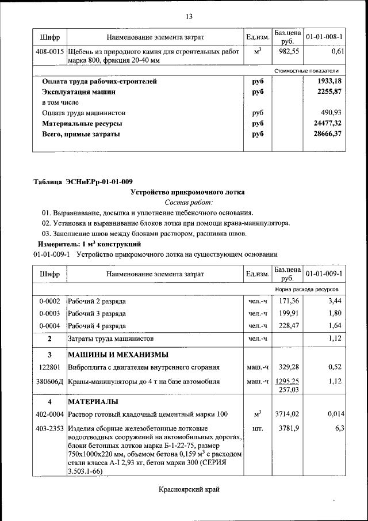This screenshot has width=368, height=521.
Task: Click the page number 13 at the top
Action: coord(189,16)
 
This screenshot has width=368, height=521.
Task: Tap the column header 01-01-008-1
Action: coord(324,37)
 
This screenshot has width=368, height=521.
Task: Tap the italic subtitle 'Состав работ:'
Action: coord(189,203)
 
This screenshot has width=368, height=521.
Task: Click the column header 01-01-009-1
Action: coord(324,274)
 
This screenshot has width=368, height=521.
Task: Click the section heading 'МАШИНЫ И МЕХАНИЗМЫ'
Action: coord(118,354)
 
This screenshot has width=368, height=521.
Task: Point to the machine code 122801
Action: coord(50,367)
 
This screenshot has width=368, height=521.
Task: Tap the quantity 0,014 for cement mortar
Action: coord(335,414)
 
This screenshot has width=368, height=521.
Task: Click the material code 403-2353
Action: coord(50,428)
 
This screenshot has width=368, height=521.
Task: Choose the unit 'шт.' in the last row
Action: coord(257,428)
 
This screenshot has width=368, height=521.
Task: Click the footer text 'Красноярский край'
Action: coord(189,489)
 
